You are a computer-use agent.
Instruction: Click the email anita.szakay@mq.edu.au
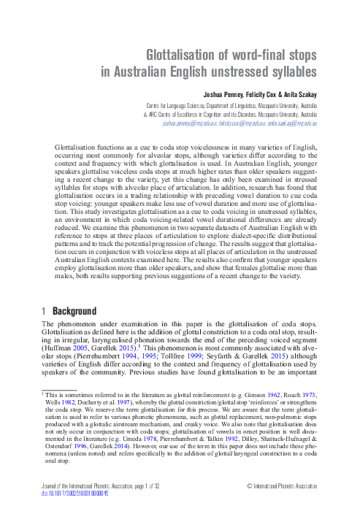click(x=291, y=125)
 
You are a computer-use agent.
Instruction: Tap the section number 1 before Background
click(x=44, y=311)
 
